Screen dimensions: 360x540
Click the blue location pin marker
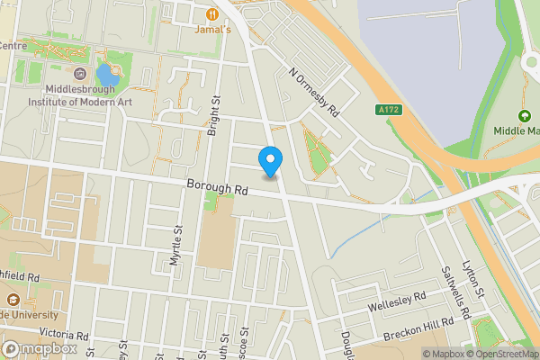(x=271, y=161)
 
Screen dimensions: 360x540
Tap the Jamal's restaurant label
(x=213, y=29)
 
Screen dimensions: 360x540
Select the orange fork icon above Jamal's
(x=213, y=13)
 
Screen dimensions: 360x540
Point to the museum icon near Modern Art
(x=81, y=74)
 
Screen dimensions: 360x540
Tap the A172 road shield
(x=386, y=110)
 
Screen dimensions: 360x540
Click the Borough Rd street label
(x=217, y=189)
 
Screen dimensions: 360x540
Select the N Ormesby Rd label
(x=313, y=92)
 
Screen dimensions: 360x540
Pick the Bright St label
(x=213, y=116)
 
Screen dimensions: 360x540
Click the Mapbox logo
(x=38, y=349)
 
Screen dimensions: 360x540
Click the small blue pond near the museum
(x=106, y=74)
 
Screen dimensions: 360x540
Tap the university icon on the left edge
(x=13, y=301)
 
